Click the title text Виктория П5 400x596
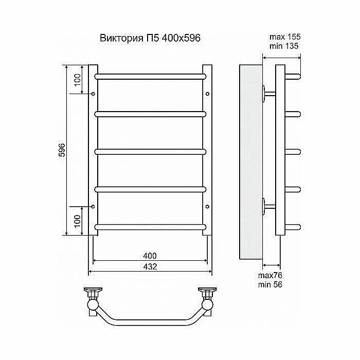pyautogui.click(x=150, y=38)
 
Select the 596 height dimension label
pyautogui.click(x=62, y=150)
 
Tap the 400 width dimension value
pyautogui.click(x=150, y=256)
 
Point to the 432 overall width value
pyautogui.click(x=150, y=266)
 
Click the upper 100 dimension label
pyautogui.click(x=78, y=80)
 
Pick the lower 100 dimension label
pyautogui.click(x=78, y=221)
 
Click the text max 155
pyautogui.click(x=285, y=37)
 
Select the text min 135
pyautogui.click(x=284, y=46)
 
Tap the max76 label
pyautogui.click(x=270, y=275)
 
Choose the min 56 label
pyautogui.click(x=270, y=285)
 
